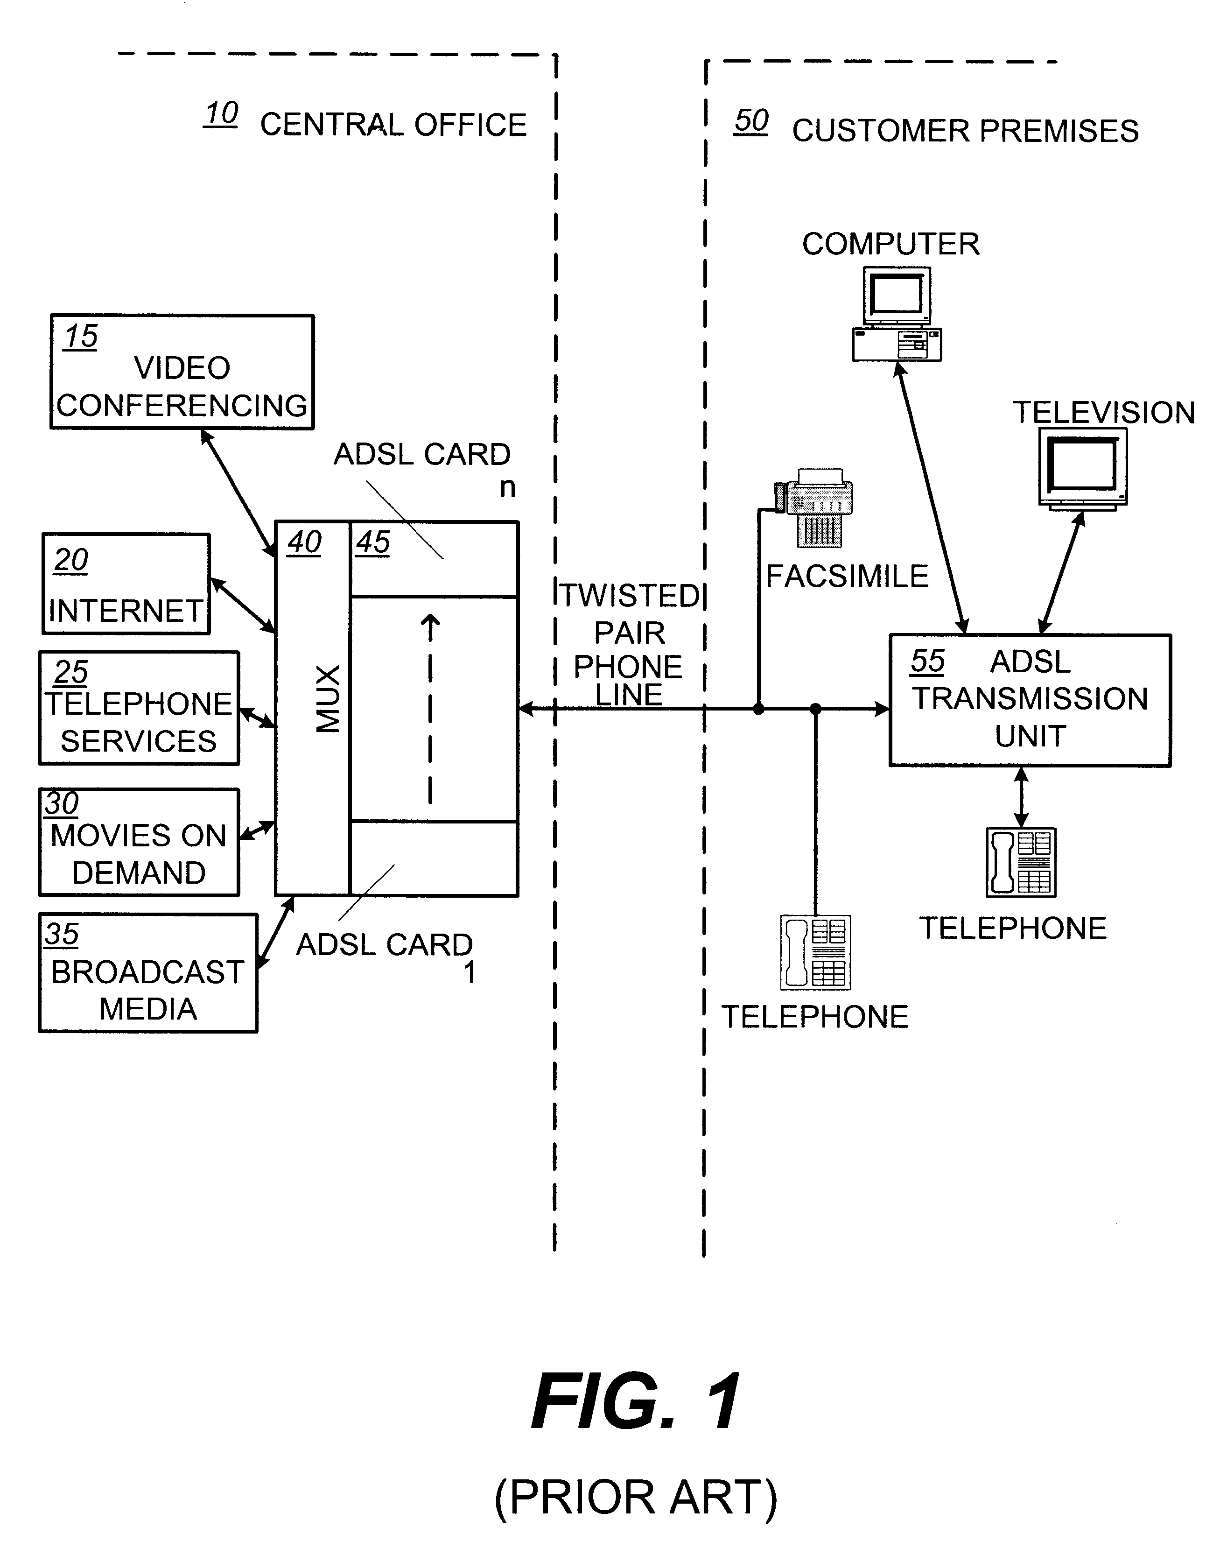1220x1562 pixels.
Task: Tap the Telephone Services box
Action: [139, 708]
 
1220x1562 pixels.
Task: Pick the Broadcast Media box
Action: [148, 973]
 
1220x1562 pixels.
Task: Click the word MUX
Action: [328, 699]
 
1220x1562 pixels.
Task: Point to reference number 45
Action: [372, 542]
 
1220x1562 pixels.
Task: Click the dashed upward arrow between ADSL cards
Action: [430, 708]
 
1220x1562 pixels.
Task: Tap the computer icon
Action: [897, 314]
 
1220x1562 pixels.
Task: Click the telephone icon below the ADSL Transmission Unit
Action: [1021, 862]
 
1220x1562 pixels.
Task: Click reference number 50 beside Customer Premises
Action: [751, 121]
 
